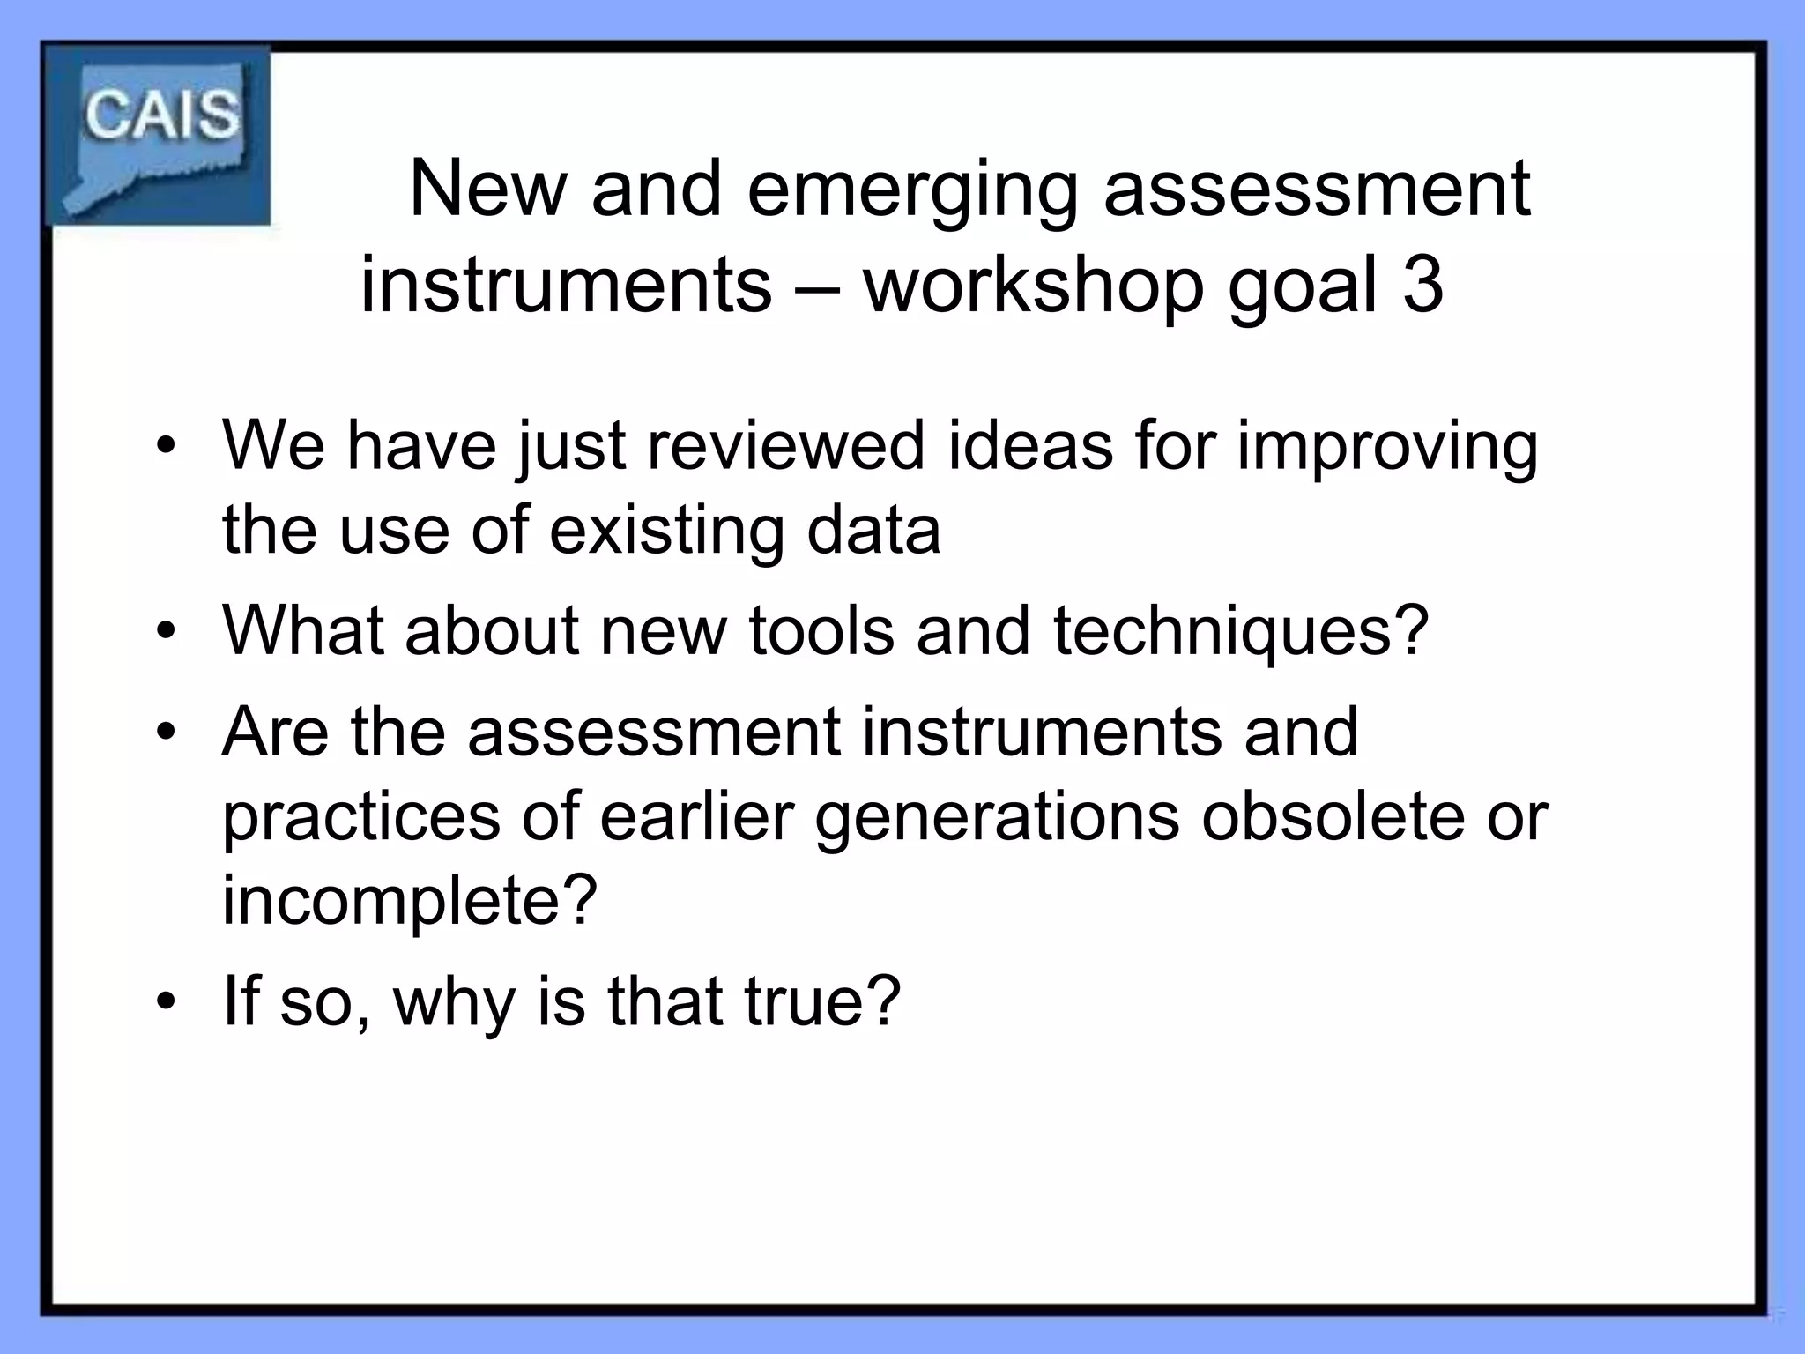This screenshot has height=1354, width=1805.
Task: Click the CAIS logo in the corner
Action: (x=159, y=137)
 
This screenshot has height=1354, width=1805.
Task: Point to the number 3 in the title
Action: (x=1422, y=286)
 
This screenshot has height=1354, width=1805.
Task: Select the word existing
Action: (x=665, y=532)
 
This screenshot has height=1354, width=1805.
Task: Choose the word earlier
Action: (x=697, y=816)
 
